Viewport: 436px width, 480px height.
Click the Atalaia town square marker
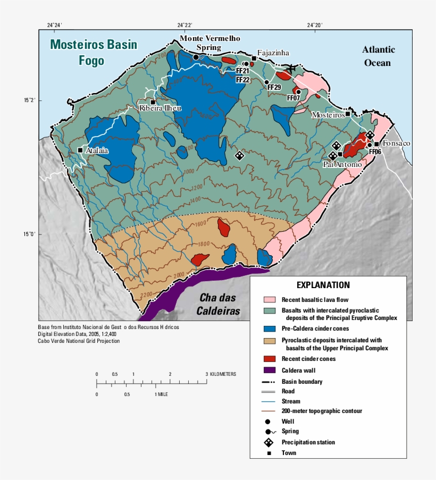coord(80,150)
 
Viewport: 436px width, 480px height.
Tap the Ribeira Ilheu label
coord(160,108)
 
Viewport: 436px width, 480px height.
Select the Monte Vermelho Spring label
coord(209,43)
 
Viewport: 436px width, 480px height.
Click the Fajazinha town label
coord(273,53)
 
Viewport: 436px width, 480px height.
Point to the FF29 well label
coord(274,87)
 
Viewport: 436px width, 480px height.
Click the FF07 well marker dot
coord(298,91)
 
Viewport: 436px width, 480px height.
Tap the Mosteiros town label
coord(327,114)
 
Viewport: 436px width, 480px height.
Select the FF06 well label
coord(375,152)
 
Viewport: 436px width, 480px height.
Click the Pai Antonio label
coord(342,165)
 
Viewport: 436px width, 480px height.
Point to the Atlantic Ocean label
coord(379,56)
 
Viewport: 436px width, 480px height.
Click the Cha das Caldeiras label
coord(219,304)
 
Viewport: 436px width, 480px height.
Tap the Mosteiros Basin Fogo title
coord(93,52)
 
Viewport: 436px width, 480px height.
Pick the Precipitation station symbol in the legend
coord(270,442)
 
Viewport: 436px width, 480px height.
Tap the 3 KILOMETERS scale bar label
coord(221,374)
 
